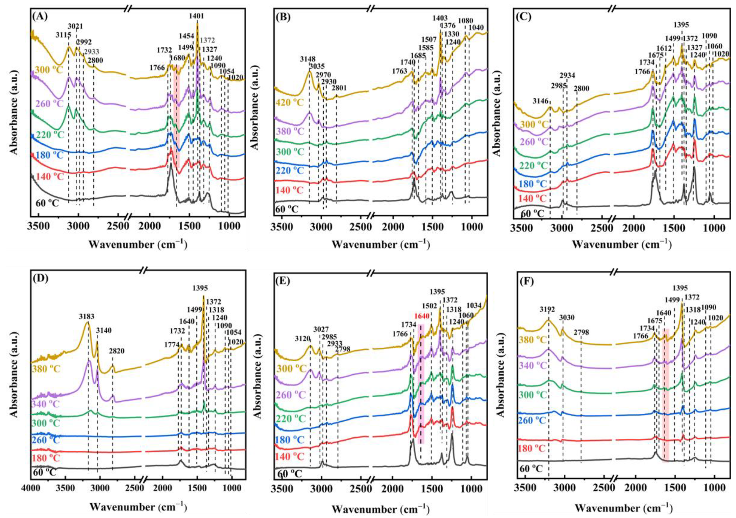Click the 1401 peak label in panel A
click(x=197, y=16)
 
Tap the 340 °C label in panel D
click(x=46, y=403)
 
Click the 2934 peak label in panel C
click(x=567, y=76)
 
